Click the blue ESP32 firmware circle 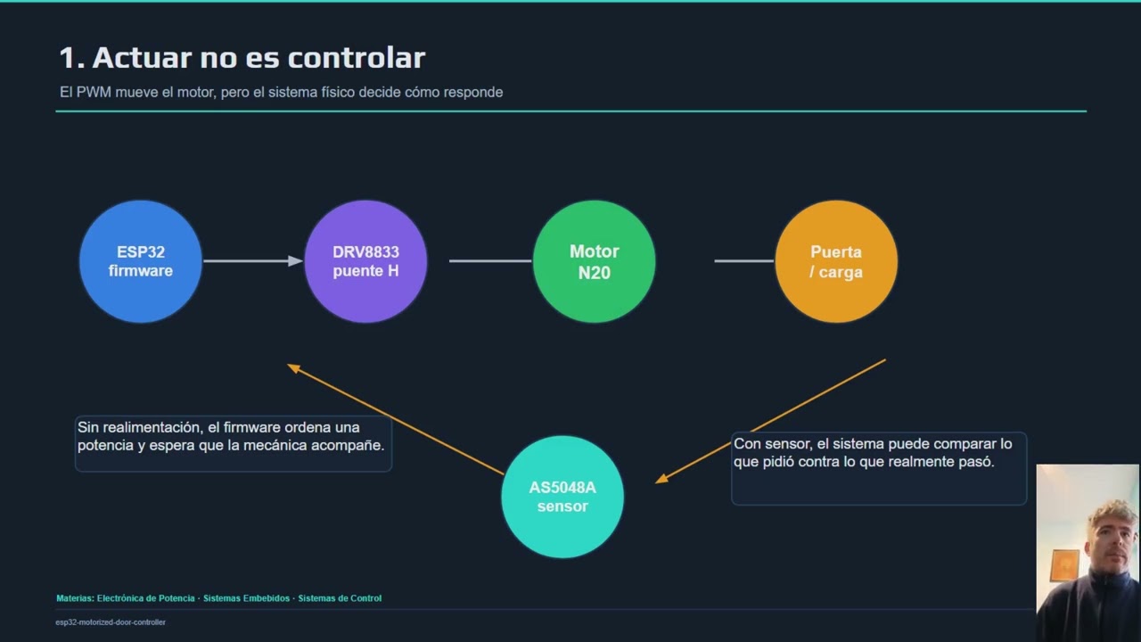click(141, 261)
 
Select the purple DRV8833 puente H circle click(365, 261)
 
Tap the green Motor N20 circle click(594, 261)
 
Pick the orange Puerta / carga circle click(836, 261)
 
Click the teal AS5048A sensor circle click(562, 497)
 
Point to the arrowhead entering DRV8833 click(295, 261)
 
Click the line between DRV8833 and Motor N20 click(490, 261)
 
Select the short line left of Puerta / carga click(744, 261)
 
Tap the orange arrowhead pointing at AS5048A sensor click(661, 479)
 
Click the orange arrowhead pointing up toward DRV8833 click(294, 367)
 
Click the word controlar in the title click(357, 58)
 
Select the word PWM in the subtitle click(94, 92)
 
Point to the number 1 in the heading click(68, 58)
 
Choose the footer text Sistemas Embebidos click(246, 598)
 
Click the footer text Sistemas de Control click(340, 598)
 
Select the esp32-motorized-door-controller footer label click(111, 622)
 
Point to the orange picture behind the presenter click(1064, 564)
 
